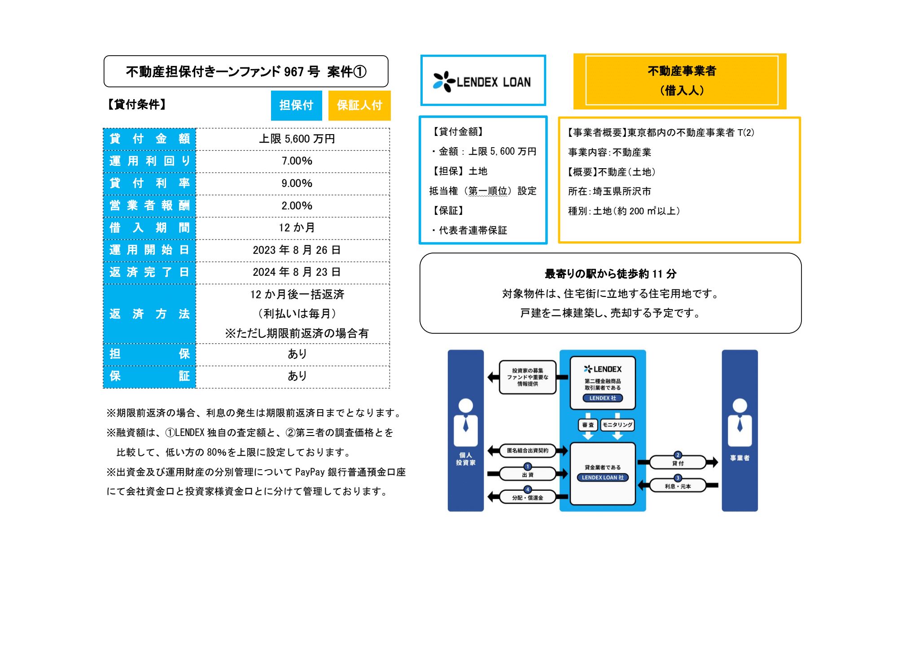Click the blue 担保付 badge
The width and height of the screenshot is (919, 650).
(x=296, y=105)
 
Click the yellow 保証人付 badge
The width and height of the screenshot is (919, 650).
(x=359, y=105)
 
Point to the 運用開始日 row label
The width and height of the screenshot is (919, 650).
(x=149, y=250)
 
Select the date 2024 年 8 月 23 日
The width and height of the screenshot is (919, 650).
(x=297, y=272)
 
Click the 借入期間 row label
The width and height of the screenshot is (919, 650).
(x=149, y=228)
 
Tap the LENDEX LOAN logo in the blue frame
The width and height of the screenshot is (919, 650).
(x=482, y=82)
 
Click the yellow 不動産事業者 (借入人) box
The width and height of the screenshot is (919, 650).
(x=680, y=81)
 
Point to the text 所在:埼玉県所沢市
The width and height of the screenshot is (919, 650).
(x=609, y=192)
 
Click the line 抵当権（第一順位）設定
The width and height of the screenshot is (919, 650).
(x=482, y=191)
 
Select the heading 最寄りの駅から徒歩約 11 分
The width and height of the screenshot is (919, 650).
(x=610, y=274)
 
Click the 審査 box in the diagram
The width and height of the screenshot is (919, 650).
(x=588, y=425)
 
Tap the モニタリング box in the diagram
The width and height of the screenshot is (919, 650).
(x=617, y=425)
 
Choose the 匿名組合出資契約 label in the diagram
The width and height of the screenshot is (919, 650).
(x=528, y=450)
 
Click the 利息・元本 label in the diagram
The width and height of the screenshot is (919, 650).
(x=678, y=486)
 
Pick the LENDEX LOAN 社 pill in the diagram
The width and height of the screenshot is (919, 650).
(x=603, y=477)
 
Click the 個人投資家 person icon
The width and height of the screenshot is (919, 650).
(x=466, y=422)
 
